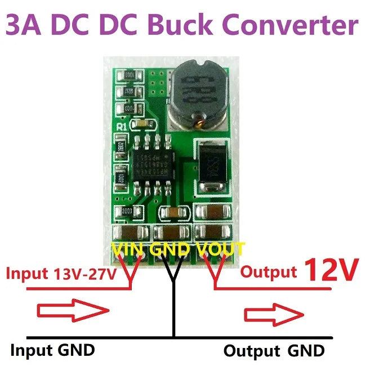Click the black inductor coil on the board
[197, 92]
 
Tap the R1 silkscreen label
[121, 127]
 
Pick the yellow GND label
[169, 249]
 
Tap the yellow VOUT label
[220, 249]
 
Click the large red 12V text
[331, 271]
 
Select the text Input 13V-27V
[61, 274]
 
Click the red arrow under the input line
[72, 309]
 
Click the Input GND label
[53, 350]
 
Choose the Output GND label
[274, 351]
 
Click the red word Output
[269, 272]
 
